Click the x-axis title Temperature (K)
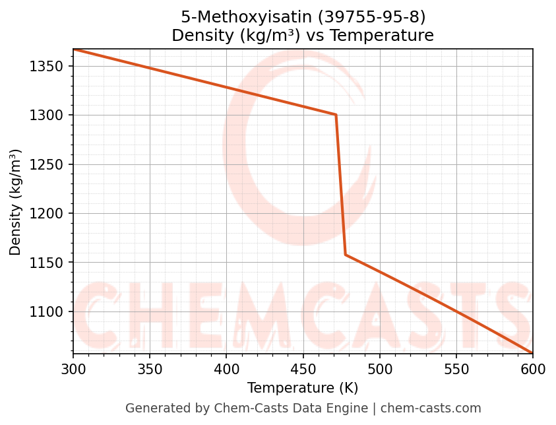click(303, 388)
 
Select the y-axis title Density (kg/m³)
click(15, 202)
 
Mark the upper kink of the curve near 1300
click(336, 115)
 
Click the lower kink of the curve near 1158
click(345, 255)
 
